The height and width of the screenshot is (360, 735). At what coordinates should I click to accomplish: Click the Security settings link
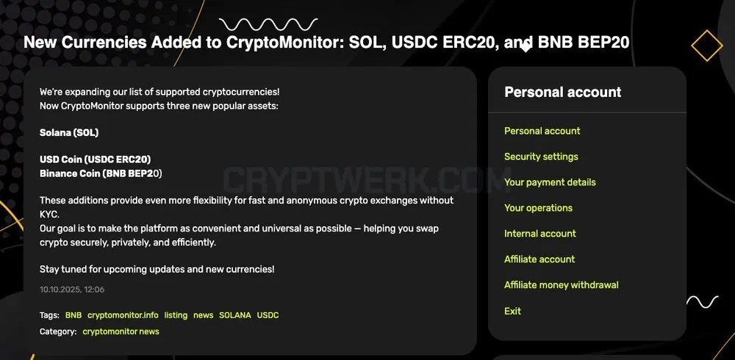pyautogui.click(x=541, y=156)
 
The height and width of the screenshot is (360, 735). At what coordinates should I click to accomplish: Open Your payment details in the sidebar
pyautogui.click(x=550, y=182)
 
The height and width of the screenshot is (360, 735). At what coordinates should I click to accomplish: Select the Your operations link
pyautogui.click(x=538, y=208)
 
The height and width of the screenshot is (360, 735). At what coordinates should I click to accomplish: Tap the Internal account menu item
pyautogui.click(x=540, y=234)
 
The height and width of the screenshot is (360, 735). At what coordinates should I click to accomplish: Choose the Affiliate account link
pyautogui.click(x=539, y=259)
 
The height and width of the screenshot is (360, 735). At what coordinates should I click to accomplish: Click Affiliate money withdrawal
pyautogui.click(x=562, y=285)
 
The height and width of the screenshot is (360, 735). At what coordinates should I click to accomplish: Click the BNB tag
pyautogui.click(x=73, y=315)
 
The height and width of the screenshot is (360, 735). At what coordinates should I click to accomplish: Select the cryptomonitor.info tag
pyautogui.click(x=123, y=315)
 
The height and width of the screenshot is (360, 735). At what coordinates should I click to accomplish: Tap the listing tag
pyautogui.click(x=176, y=315)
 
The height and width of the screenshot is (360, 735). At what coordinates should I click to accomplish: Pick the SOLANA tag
pyautogui.click(x=235, y=315)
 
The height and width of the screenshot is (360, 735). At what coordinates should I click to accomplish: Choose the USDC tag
pyautogui.click(x=268, y=315)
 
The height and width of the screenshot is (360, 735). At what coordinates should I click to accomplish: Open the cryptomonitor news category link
pyautogui.click(x=121, y=331)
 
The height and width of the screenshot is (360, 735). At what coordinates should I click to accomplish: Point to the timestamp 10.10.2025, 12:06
pyautogui.click(x=72, y=289)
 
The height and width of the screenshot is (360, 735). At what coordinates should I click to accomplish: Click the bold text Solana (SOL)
pyautogui.click(x=69, y=133)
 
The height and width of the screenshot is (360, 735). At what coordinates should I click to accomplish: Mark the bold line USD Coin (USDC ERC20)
pyautogui.click(x=95, y=159)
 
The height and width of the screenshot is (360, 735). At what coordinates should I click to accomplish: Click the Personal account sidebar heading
pyautogui.click(x=562, y=92)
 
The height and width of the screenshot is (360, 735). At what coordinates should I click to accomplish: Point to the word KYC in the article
pyautogui.click(x=50, y=215)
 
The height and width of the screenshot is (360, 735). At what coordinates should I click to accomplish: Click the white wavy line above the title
pyautogui.click(x=268, y=24)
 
